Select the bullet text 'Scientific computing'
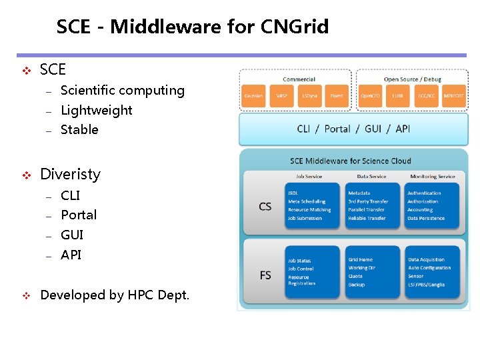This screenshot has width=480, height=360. [x=122, y=90]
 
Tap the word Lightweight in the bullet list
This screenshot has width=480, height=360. [x=96, y=110]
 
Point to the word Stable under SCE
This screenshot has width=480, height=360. [x=79, y=129]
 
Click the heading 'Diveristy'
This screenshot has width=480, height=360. [x=70, y=174]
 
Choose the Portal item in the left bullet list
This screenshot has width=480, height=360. [x=79, y=215]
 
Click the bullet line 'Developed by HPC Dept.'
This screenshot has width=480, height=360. [x=115, y=295]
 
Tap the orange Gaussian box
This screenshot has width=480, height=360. [x=253, y=96]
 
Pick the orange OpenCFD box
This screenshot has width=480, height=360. [x=371, y=96]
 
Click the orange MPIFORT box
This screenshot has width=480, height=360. [x=453, y=96]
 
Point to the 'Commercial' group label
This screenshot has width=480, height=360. [x=299, y=79]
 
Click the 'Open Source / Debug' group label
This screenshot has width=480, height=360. [x=412, y=79]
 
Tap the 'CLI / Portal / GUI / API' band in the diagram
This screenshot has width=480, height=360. [x=353, y=129]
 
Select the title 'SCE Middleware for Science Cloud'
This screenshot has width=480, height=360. [x=351, y=161]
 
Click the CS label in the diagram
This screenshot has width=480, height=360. [x=265, y=206]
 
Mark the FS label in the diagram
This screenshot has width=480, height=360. [x=265, y=275]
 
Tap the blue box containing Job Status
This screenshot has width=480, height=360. [x=312, y=272]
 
